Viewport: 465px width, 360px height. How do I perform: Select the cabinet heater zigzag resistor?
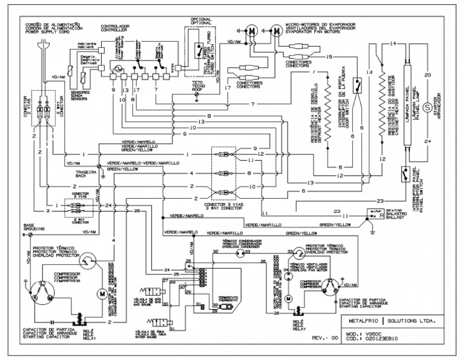[x=382, y=103]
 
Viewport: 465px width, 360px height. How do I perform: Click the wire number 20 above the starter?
[x=427, y=75]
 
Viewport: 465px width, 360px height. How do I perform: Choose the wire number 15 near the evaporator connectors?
[x=329, y=56]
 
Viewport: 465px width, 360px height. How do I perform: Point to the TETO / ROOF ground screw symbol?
[x=197, y=96]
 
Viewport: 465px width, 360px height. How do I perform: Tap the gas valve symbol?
[x=150, y=285]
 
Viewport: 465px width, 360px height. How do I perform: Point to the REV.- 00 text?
[x=325, y=337]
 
